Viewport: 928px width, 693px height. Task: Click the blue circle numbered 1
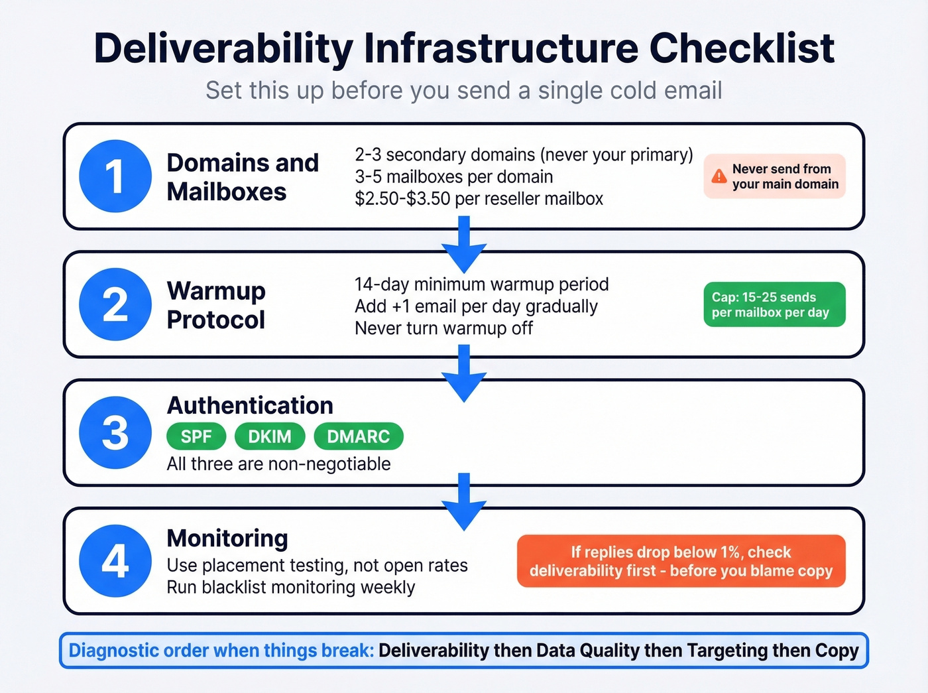(115, 176)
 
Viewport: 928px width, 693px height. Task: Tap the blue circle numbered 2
(115, 304)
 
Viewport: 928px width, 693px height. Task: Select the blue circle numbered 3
(115, 432)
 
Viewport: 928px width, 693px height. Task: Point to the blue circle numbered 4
(115, 561)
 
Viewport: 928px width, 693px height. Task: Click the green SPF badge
(196, 436)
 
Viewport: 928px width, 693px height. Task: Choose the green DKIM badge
(270, 436)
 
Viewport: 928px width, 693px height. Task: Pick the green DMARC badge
(358, 436)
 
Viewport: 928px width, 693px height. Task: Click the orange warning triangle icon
(719, 176)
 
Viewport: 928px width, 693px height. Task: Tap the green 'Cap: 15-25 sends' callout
(774, 304)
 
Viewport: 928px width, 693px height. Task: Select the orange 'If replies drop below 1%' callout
(681, 561)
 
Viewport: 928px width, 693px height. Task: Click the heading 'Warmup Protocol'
(216, 305)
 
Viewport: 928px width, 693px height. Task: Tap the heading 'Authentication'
(250, 405)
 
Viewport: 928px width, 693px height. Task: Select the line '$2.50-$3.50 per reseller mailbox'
(479, 199)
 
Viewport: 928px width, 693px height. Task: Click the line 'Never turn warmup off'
(443, 328)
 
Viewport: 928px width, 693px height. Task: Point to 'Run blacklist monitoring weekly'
(290, 588)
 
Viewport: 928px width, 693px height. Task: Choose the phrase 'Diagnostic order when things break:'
(221, 651)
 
